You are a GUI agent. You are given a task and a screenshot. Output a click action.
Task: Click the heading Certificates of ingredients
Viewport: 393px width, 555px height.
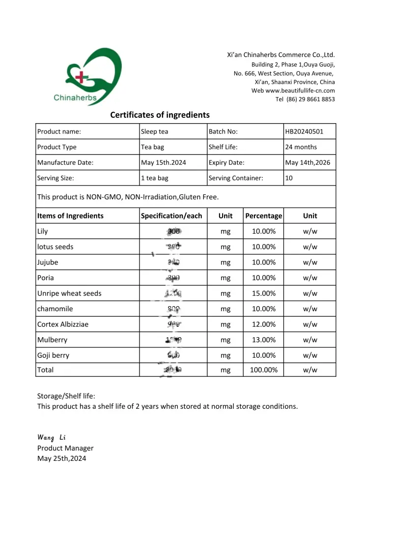[x=160, y=115]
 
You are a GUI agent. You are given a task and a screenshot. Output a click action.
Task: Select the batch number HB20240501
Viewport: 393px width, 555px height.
[x=304, y=132]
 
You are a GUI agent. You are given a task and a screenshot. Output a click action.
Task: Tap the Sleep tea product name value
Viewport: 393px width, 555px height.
[x=154, y=132]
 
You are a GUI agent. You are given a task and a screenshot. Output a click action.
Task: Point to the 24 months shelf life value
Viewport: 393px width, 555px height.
[x=301, y=147]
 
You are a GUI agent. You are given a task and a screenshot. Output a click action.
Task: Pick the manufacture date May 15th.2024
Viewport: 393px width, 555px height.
[x=163, y=162]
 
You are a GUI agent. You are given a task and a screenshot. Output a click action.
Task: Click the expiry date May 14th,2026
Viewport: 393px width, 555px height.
[x=309, y=162]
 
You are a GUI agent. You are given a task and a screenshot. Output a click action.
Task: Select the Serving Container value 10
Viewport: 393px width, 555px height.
[x=289, y=178]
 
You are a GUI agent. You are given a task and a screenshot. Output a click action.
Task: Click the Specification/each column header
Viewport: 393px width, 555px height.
[x=171, y=216]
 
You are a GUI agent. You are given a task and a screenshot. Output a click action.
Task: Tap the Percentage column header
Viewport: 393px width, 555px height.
[x=264, y=216]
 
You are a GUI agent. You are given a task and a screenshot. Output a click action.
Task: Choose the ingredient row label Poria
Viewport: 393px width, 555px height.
[x=46, y=278]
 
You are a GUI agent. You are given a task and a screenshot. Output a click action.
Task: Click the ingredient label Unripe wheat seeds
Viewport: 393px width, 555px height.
[x=69, y=293]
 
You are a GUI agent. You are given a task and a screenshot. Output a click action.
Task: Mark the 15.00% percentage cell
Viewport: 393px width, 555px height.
[x=264, y=293]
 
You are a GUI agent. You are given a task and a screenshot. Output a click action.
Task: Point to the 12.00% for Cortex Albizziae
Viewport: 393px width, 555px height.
[x=264, y=324]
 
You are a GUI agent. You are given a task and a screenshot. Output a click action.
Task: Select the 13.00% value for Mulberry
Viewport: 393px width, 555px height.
[x=264, y=340]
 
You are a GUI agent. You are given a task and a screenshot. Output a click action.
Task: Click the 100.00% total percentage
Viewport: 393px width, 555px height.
[x=264, y=370]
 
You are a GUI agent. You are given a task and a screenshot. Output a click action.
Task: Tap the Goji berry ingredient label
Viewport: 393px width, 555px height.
[x=53, y=355]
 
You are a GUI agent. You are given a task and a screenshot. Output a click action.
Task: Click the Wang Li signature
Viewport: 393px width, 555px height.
[x=52, y=437]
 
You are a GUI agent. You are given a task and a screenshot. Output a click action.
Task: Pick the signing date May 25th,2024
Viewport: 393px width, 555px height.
[x=61, y=459]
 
